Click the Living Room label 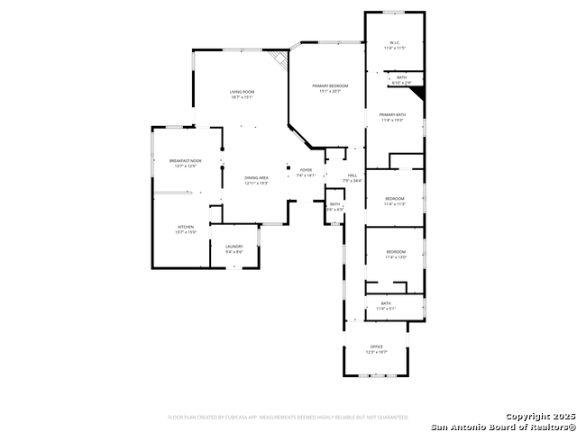241,94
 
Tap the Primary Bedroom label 330,87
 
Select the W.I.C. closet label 395,45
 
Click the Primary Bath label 393,117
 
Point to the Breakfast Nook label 186,163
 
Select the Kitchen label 186,229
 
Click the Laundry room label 234,248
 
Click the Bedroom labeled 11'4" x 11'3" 395,201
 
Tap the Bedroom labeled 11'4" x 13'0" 396,254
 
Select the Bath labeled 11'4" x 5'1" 386,306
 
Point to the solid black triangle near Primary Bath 417,92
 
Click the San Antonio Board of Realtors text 502,426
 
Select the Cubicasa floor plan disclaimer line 288,418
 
